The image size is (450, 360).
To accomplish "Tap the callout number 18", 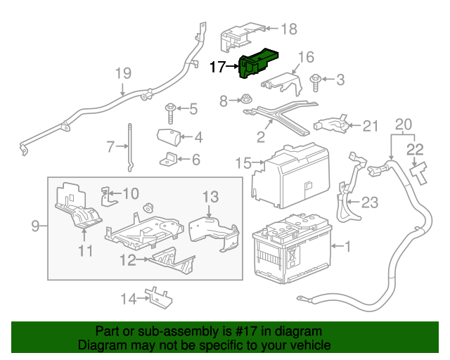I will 289,29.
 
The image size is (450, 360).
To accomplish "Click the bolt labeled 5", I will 170,109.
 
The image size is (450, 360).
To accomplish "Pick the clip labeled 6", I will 169,159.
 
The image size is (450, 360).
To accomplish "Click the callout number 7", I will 110,147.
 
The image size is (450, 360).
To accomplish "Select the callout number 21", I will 371,126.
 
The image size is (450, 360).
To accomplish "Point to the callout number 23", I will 369,202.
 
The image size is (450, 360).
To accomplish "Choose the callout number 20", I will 403,124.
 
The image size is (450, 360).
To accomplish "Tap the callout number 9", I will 35,226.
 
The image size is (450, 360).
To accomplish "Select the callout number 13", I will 211,196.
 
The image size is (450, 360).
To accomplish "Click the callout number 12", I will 127,260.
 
